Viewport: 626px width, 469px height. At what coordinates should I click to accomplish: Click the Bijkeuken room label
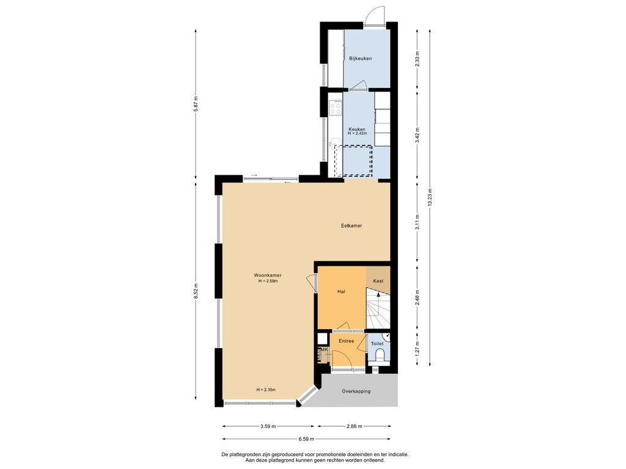361,59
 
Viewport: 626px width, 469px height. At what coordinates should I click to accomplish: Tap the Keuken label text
357,129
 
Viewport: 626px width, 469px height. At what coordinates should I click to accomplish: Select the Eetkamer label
352,226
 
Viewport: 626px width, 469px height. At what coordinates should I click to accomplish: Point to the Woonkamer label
268,275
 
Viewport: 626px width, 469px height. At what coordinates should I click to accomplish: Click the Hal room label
341,291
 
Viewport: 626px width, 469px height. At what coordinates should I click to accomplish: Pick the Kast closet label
378,281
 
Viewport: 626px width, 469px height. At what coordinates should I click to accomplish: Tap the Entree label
346,341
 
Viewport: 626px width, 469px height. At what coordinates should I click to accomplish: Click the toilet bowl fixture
380,354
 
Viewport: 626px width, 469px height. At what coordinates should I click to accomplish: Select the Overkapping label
356,391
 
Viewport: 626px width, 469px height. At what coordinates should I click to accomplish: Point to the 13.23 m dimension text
430,197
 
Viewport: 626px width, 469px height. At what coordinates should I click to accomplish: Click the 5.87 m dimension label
195,104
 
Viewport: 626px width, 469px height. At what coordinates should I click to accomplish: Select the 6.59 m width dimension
306,439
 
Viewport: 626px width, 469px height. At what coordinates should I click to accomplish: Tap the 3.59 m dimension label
268,426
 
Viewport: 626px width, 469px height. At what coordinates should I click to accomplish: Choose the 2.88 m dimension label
354,426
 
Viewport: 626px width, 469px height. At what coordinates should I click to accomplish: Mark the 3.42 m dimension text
417,135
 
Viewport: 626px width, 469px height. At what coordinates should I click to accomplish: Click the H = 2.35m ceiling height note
267,390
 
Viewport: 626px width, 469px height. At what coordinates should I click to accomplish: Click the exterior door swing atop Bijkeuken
375,16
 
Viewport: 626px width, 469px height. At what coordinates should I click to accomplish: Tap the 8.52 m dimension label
195,291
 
